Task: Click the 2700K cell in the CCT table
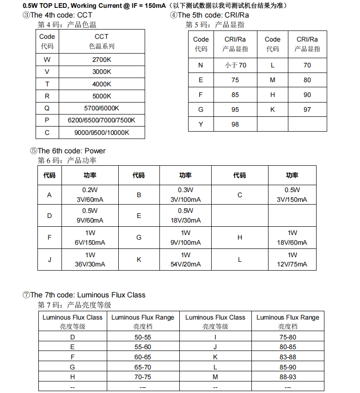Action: (102, 60)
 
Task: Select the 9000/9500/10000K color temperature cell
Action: (102, 133)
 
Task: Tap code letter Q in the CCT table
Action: (47, 108)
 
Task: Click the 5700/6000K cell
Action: (102, 108)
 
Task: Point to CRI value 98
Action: (235, 125)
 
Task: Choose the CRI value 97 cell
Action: (307, 110)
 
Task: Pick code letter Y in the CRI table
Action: (201, 125)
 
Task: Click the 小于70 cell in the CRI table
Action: (235, 66)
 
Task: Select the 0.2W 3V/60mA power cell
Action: (90, 195)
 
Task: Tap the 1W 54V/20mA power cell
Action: (185, 260)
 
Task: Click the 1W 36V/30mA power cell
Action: (90, 260)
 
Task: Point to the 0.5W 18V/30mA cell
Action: (185, 216)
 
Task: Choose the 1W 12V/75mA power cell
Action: (292, 260)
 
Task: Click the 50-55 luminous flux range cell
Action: (143, 338)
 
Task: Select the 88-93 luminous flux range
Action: (287, 377)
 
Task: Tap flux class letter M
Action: (215, 377)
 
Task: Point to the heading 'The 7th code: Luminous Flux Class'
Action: (88, 295)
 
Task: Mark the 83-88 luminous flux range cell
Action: (287, 357)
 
